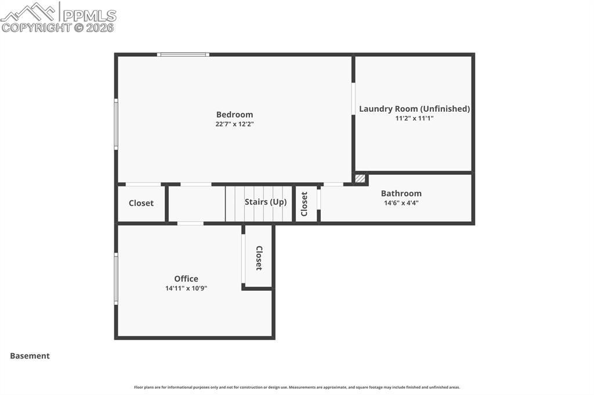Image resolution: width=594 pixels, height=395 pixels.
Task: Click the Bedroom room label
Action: tap(234, 115)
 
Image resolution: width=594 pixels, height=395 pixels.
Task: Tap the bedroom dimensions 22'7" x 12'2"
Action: tap(234, 124)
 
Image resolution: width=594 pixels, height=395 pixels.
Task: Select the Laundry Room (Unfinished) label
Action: tap(414, 109)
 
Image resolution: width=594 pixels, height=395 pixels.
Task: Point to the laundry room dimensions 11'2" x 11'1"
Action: tap(414, 118)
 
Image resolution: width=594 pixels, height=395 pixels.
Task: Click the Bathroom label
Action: tap(401, 193)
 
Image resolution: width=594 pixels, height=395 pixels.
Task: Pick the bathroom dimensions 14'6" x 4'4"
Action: tap(401, 203)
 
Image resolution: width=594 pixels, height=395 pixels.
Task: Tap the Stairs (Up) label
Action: tap(266, 202)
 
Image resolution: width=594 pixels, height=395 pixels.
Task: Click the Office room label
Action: tap(186, 279)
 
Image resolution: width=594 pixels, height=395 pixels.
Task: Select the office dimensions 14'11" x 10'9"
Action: tap(186, 288)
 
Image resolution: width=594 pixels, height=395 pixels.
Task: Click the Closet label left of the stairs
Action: tap(141, 203)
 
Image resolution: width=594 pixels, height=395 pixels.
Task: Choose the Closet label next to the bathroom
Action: tap(305, 204)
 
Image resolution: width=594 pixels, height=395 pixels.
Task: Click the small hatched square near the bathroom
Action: tap(360, 178)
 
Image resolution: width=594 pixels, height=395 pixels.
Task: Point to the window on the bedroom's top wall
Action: tap(183, 55)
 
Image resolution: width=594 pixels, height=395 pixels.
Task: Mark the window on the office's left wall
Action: tap(116, 279)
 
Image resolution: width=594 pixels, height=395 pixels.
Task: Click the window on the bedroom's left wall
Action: tap(116, 124)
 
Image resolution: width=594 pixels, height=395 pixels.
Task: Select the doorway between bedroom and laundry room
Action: tap(353, 99)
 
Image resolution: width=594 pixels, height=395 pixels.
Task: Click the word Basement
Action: tap(30, 356)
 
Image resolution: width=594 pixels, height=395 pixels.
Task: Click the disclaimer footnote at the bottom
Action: tap(297, 387)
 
